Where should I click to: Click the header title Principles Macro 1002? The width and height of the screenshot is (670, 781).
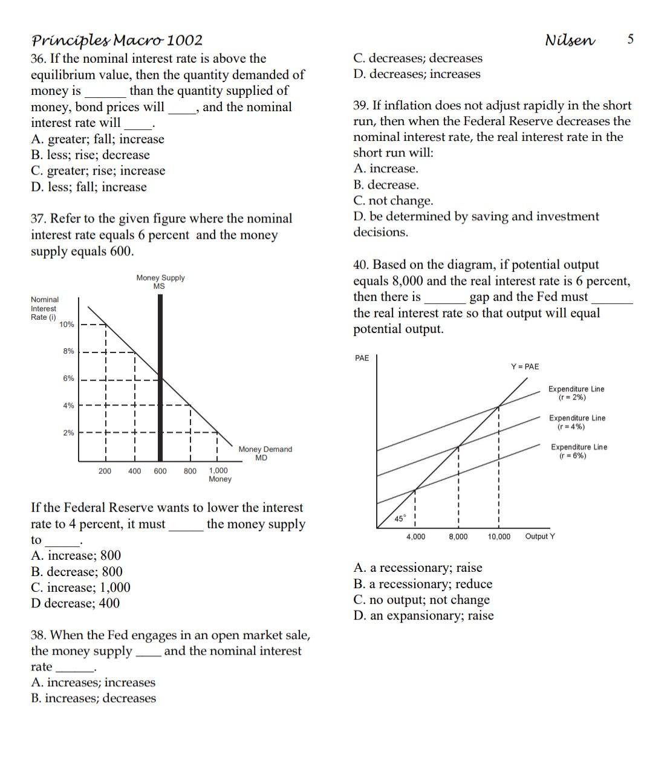tap(117, 41)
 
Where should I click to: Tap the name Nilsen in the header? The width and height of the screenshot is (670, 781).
tap(570, 40)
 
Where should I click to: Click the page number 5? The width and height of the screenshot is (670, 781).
tap(630, 39)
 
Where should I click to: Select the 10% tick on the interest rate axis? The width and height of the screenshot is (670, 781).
tap(67, 325)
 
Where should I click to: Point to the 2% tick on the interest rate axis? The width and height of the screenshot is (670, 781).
tap(68, 433)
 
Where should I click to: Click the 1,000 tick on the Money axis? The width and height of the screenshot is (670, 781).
tap(218, 470)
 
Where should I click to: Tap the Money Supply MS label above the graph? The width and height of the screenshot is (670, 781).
tap(160, 282)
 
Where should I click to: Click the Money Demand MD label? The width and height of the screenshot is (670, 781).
tap(265, 453)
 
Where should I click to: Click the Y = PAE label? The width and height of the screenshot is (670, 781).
tap(524, 366)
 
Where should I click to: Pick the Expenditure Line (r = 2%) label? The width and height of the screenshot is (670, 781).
tap(576, 393)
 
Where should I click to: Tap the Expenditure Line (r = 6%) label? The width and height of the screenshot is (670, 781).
tap(578, 451)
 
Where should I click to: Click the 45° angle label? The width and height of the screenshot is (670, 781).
tap(400, 519)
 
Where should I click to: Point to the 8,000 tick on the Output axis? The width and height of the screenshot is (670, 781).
tap(458, 537)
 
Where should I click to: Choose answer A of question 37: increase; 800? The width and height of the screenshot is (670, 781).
tap(76, 556)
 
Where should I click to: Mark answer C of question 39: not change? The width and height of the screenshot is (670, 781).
tap(393, 201)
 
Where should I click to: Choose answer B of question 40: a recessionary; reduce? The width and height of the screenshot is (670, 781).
tap(423, 584)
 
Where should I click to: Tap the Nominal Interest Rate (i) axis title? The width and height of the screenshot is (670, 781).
tap(45, 308)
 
